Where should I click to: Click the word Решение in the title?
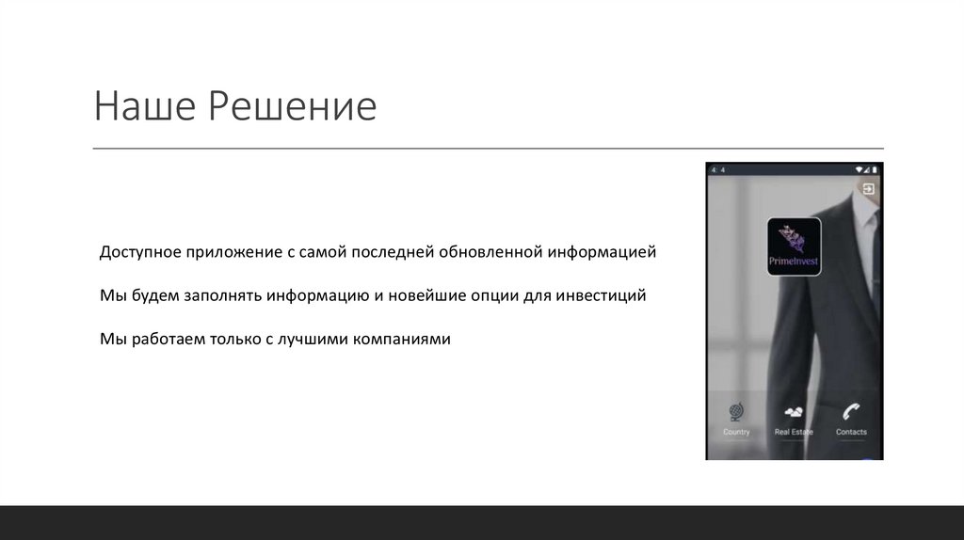[292, 107]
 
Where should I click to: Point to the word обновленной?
[490, 254]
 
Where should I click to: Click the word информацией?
[602, 254]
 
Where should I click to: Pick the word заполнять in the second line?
[217, 296]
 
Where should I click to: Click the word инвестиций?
[601, 296]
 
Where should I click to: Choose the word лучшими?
[312, 339]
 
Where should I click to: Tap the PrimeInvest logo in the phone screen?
[794, 246]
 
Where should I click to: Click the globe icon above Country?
[736, 412]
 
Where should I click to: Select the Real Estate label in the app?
[794, 432]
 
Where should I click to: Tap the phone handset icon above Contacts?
[851, 411]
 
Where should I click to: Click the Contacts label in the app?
[851, 432]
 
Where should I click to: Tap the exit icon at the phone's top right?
[868, 189]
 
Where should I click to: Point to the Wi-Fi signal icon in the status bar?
[859, 169]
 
